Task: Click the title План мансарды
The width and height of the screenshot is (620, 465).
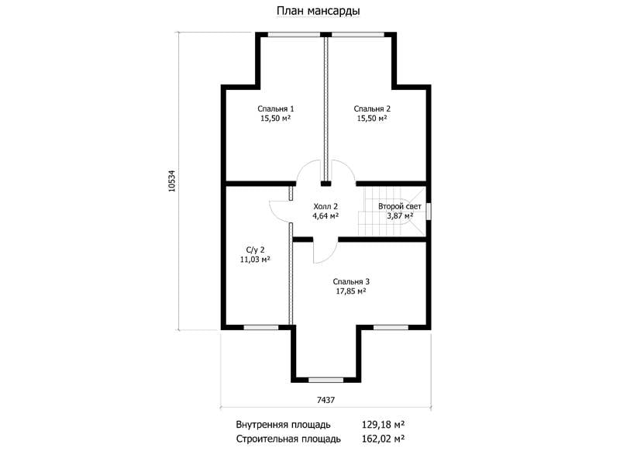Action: coord(318,12)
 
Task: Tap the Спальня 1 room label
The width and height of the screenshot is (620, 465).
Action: coord(276,108)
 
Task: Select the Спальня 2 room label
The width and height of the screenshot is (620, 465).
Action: coord(372,108)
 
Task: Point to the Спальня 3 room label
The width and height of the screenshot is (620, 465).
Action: coord(351,281)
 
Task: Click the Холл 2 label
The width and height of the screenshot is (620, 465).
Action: coord(325,206)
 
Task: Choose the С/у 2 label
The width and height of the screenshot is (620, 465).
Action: coord(256,250)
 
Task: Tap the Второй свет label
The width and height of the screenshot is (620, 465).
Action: coord(400,206)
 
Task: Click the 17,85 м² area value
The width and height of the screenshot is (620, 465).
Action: coord(351,291)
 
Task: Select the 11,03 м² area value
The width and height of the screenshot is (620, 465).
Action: coord(255,260)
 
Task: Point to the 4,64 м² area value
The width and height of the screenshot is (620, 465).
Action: coord(325,216)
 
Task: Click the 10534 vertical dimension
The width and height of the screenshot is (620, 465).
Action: coord(171,181)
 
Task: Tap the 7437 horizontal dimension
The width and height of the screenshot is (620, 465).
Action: coord(325,400)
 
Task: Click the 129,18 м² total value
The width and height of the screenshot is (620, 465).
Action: coord(383,425)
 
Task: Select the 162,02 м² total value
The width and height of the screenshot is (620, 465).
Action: coord(383,439)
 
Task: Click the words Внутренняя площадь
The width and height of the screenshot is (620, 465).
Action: coord(283,425)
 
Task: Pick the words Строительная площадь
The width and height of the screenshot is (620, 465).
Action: coord(288,439)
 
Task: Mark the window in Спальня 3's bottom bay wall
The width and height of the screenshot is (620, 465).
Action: coord(325,380)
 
